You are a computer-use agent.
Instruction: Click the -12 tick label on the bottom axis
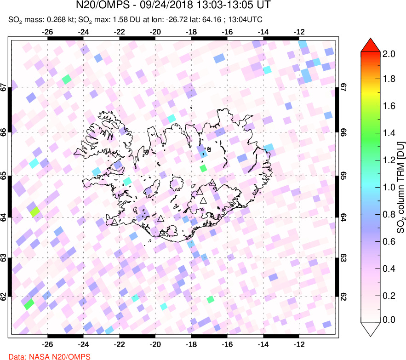299,343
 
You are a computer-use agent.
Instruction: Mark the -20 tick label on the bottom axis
155,343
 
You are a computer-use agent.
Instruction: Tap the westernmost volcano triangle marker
114,223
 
